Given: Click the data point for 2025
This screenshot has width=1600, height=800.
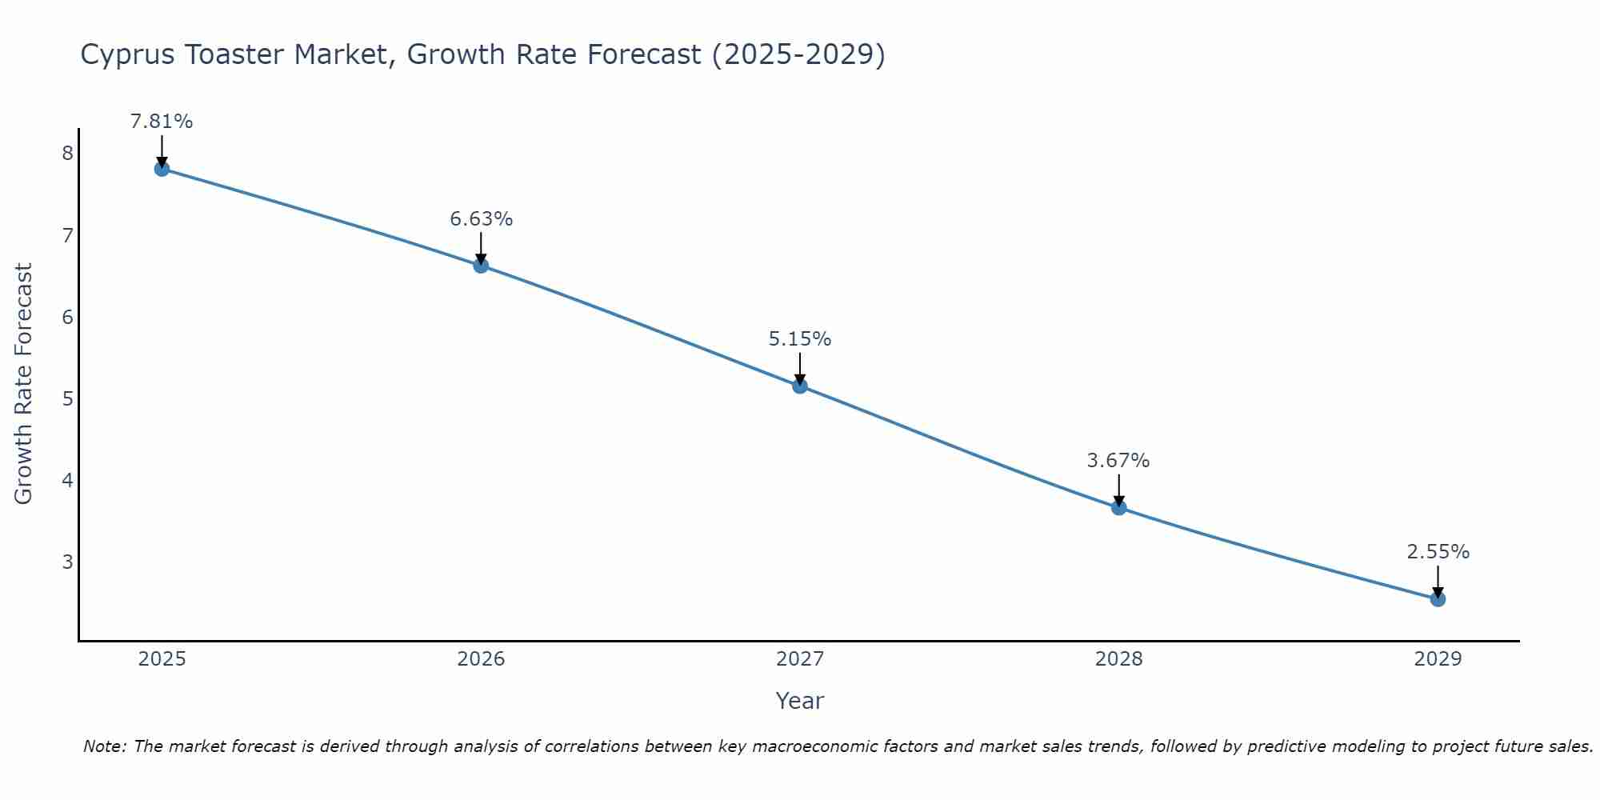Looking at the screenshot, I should [x=162, y=169].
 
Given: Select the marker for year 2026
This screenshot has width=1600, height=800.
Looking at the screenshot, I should [x=481, y=266].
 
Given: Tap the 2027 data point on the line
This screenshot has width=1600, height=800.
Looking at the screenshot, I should [x=800, y=386].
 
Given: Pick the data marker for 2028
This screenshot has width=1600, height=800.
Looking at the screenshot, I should [x=1118, y=507].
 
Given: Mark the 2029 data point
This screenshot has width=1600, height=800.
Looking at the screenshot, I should [x=1438, y=599].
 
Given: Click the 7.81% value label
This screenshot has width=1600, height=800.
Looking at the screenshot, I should [x=162, y=122].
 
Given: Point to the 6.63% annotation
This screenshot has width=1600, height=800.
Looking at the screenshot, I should [x=481, y=219].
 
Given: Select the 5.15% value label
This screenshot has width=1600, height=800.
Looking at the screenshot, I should [x=800, y=339].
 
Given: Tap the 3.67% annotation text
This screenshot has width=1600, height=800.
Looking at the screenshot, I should [x=1118, y=461].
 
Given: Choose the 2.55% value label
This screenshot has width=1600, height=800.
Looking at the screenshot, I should [x=1438, y=552].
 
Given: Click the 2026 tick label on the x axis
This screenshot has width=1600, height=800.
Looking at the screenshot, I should [x=481, y=659].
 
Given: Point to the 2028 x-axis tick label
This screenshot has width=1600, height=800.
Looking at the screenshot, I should [x=1118, y=659].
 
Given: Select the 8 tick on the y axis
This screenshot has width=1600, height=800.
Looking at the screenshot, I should [x=67, y=154].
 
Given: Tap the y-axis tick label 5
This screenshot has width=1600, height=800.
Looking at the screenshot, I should [x=67, y=398].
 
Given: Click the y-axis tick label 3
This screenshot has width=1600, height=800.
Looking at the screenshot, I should [x=67, y=562].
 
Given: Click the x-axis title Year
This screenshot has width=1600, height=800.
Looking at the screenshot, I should [x=799, y=701].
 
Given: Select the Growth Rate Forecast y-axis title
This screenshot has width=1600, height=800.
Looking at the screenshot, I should [x=24, y=384].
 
